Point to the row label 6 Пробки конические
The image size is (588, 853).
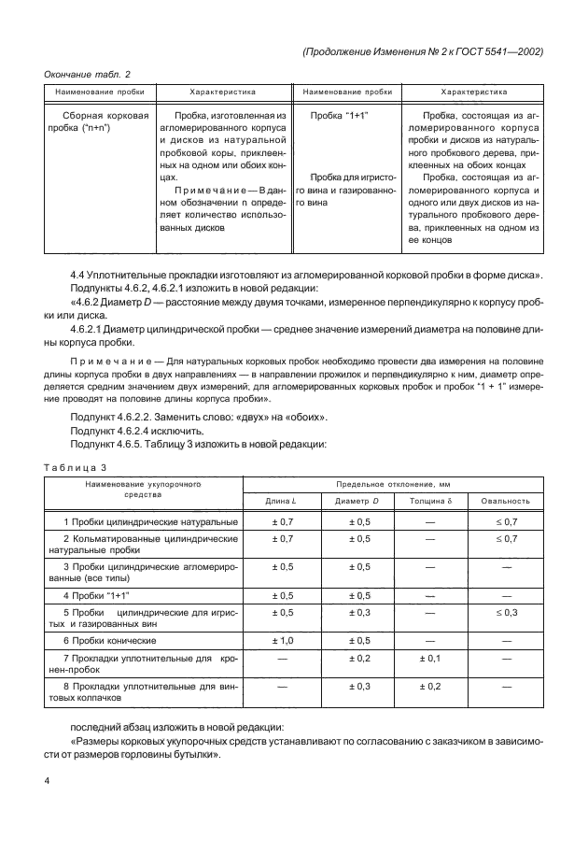109,640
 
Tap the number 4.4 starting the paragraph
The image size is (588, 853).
78,274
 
